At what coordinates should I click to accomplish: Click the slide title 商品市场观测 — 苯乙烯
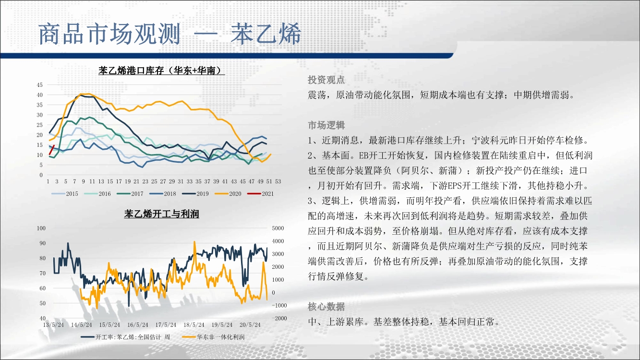pos(169,34)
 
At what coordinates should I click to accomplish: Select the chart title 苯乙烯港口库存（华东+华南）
pos(161,70)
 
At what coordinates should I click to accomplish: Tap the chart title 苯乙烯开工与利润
pos(161,214)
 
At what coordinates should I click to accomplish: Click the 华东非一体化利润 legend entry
pos(213,337)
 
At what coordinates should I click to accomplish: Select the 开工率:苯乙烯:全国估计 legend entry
pos(125,337)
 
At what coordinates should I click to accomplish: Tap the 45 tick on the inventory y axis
pos(39,85)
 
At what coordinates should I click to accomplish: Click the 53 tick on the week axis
pos(278,181)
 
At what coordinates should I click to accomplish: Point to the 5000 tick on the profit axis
pos(278,228)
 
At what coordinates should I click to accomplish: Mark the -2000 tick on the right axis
pos(279,318)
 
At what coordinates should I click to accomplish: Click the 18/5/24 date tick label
pos(194,325)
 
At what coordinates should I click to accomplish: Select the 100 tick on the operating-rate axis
pos(41,228)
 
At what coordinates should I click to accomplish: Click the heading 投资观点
pos(326,80)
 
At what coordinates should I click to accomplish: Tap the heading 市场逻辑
pos(326,125)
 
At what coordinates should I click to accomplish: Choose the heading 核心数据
pos(326,307)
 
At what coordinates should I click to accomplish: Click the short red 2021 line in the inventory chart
pos(52,150)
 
